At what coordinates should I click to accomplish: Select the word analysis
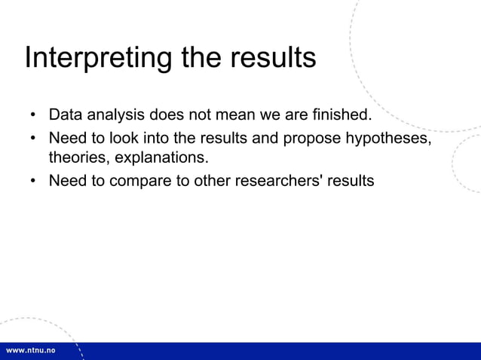pyautogui.click(x=116, y=116)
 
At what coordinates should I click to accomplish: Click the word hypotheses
pyautogui.click(x=388, y=139)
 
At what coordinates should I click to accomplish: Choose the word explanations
pyautogui.click(x=161, y=159)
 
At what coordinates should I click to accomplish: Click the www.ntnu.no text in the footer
pyautogui.click(x=31, y=352)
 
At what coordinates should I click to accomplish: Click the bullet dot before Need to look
pyautogui.click(x=33, y=139)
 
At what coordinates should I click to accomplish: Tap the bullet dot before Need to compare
pyautogui.click(x=33, y=182)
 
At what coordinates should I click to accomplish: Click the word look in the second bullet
pyautogui.click(x=121, y=139)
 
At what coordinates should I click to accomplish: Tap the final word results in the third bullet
pyautogui.click(x=352, y=181)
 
